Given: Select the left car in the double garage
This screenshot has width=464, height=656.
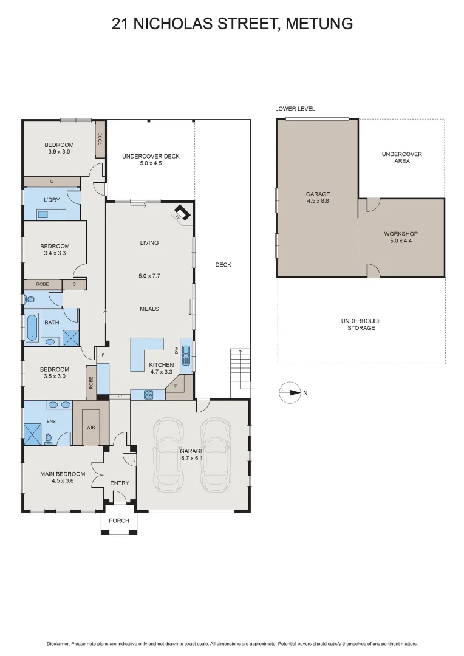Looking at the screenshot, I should coord(169,454).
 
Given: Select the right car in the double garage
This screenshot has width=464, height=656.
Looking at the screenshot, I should coord(215,454).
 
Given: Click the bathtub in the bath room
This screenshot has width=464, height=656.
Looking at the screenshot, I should coord(32,327).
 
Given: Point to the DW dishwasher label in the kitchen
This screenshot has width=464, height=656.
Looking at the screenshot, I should coord(177,350).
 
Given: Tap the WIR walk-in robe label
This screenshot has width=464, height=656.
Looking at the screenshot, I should coord(90,427).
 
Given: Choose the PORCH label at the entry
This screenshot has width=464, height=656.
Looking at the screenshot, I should coord(118,521).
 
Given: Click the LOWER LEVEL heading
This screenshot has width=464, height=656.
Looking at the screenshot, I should coord(295,109).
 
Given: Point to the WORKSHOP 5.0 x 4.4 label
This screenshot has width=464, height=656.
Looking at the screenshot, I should coord(401,237).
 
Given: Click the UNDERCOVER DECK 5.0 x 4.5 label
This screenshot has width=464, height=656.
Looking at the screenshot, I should coord(151,160).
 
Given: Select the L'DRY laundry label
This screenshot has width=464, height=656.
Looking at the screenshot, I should coord(52,200).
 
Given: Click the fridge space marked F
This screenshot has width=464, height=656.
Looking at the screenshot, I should coord(103,354).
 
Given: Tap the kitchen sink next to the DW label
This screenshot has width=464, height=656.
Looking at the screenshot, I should coord(186,354).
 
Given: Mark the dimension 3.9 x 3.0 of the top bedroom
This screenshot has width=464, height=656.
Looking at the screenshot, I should coord(60,152).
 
